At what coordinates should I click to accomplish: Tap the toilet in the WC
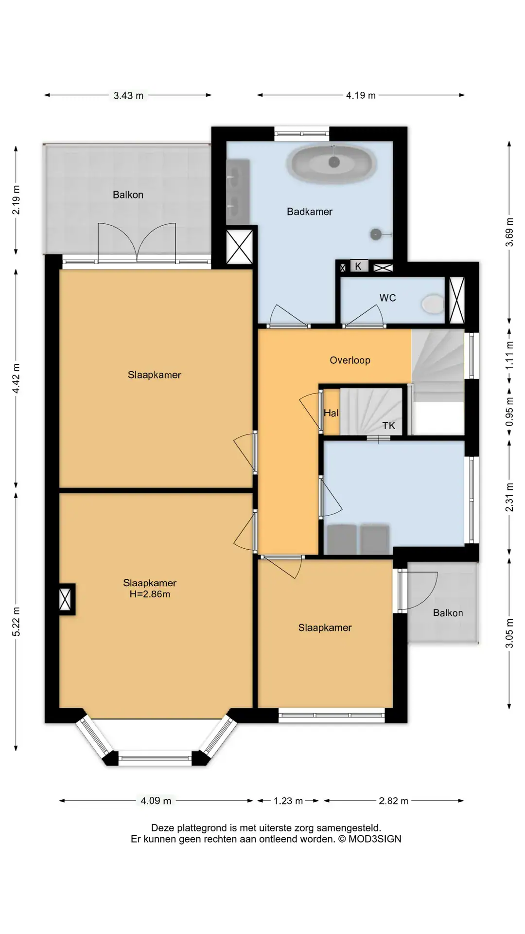[433, 304]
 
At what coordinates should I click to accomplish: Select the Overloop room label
[350, 360]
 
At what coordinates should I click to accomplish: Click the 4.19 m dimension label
[361, 95]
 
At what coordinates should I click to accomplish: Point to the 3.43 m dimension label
[128, 96]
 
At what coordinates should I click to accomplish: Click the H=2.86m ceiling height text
[150, 594]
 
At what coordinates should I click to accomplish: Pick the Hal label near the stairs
[331, 413]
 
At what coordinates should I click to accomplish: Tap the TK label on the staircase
[389, 426]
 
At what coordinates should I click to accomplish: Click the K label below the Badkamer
[358, 266]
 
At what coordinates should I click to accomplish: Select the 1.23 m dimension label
[288, 801]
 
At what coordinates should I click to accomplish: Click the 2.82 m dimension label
[393, 801]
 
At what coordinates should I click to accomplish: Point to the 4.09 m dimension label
[156, 801]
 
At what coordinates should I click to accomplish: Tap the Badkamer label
[310, 212]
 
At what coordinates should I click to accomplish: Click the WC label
[387, 298]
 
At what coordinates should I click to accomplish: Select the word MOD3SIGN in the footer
[375, 839]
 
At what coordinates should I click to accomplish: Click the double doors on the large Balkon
[137, 243]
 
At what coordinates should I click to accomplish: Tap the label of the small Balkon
[448, 613]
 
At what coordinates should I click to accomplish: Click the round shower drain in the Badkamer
[376, 234]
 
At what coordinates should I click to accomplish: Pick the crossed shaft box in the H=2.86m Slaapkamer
[65, 599]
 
